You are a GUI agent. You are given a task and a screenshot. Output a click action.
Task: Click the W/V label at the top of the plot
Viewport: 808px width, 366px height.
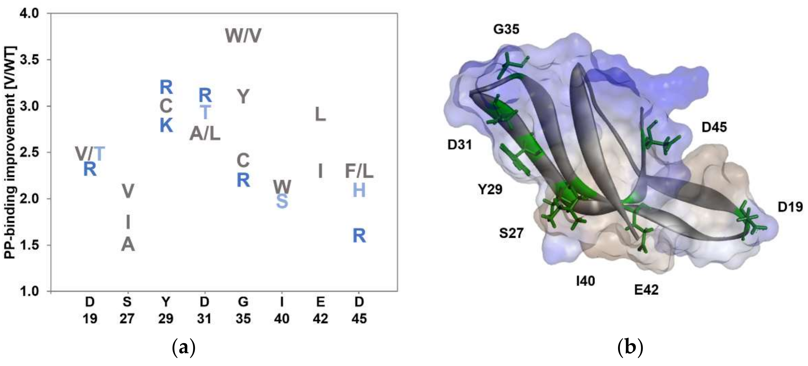(243, 36)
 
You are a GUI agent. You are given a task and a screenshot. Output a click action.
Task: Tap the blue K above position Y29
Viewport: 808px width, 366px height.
(166, 126)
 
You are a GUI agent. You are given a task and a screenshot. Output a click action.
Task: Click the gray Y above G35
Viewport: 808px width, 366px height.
(243, 97)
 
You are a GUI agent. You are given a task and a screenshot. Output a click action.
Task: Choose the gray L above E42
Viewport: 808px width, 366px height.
(320, 115)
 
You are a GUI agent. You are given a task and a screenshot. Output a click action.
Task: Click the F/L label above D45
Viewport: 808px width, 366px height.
(359, 171)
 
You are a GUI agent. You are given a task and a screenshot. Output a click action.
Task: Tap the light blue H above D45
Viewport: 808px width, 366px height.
(359, 190)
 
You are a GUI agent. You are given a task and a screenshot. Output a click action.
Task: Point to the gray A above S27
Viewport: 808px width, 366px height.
(128, 245)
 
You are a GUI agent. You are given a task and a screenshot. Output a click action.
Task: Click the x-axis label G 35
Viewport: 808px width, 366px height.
(243, 310)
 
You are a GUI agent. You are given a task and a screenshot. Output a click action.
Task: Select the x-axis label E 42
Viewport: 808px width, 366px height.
(320, 310)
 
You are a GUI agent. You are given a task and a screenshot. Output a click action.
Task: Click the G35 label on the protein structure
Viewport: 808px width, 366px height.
(506, 29)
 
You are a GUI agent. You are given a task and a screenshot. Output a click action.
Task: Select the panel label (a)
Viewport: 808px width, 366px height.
(184, 348)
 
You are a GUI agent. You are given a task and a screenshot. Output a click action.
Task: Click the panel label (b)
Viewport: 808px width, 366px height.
(630, 348)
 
